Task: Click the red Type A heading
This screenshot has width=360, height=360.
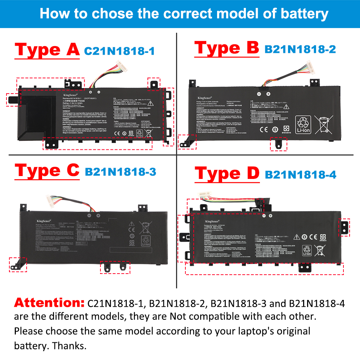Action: [x=47, y=50]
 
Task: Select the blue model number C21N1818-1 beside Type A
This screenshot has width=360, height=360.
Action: [x=119, y=51]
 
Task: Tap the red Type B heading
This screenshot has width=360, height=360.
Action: [x=226, y=48]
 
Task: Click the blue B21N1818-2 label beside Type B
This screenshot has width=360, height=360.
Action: [x=300, y=49]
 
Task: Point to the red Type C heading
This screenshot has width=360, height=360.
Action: [x=47, y=170]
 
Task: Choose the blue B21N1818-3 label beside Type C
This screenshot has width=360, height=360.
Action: [x=120, y=172]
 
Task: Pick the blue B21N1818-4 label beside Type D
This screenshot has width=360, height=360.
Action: [x=301, y=175]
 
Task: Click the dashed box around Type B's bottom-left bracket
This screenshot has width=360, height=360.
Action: [x=188, y=141]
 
